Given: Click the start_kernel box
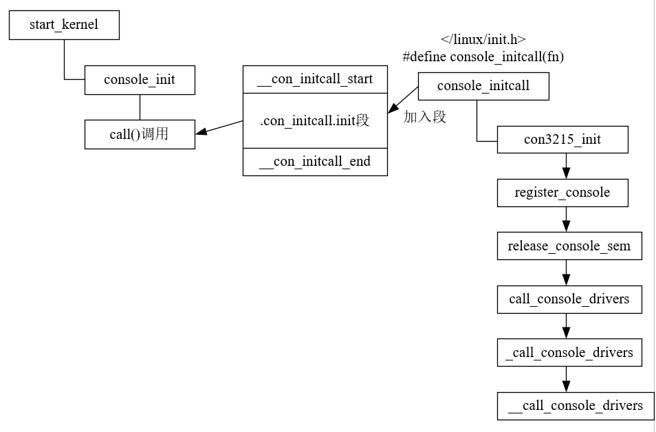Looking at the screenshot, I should click(64, 25).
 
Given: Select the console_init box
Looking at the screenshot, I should click(140, 80).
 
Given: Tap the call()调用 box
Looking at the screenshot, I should click(140, 134).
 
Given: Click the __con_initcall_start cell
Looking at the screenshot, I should click(315, 79).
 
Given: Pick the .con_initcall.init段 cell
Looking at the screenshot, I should click(315, 120).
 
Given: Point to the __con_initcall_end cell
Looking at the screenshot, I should click(315, 162).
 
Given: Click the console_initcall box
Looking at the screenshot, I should click(483, 86).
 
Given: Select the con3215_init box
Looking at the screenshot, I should click(562, 140).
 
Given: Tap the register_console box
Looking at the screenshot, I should click(562, 193).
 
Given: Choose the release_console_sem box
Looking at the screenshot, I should click(569, 246).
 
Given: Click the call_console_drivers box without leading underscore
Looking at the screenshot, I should click(569, 299).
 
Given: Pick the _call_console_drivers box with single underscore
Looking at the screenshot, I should click(569, 352).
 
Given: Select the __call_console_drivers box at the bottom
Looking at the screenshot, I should click(576, 406).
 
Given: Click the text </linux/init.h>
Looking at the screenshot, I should click(483, 39).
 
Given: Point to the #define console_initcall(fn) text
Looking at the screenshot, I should click(483, 56).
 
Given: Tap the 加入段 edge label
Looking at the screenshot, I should click(425, 117).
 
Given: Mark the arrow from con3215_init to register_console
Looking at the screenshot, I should click(566, 166).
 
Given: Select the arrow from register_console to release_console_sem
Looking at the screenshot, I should click(566, 219).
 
